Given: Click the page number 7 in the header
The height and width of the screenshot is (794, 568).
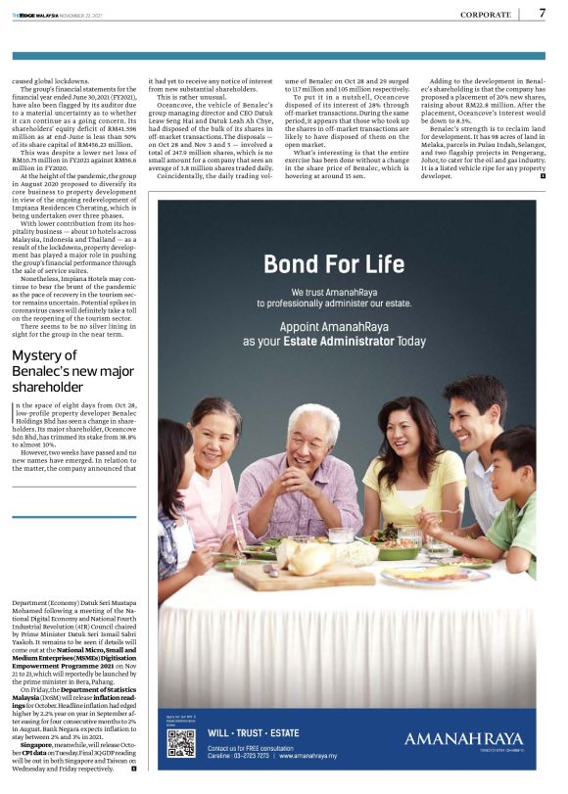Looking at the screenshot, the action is (x=542, y=14).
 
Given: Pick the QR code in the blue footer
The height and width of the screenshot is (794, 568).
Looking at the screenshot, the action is (x=181, y=745).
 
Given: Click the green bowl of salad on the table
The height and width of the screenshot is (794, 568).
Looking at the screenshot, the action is (x=397, y=550).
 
